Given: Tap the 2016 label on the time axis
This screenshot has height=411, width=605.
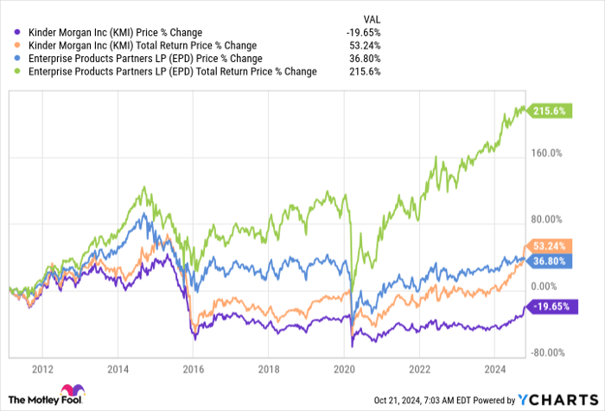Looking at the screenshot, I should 194,367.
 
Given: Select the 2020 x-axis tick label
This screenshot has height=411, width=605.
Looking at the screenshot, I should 343,367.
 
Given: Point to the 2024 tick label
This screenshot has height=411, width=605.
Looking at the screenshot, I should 493,367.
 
